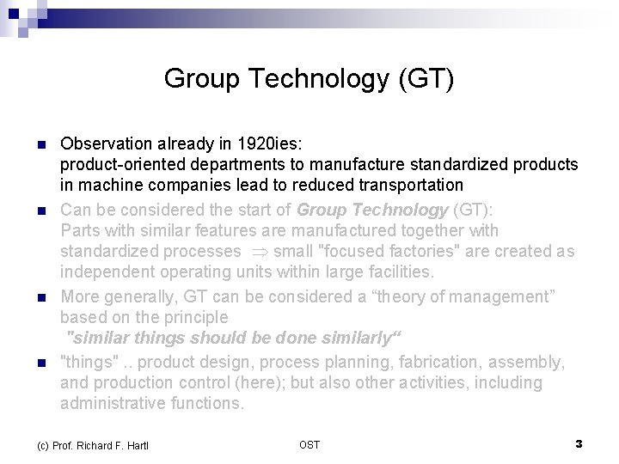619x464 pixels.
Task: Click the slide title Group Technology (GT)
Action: coord(309,80)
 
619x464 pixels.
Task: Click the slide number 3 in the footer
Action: coord(579,443)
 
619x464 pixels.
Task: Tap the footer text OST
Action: coord(309,444)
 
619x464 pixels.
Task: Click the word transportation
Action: coord(413,185)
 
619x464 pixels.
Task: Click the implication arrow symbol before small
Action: coord(257,252)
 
